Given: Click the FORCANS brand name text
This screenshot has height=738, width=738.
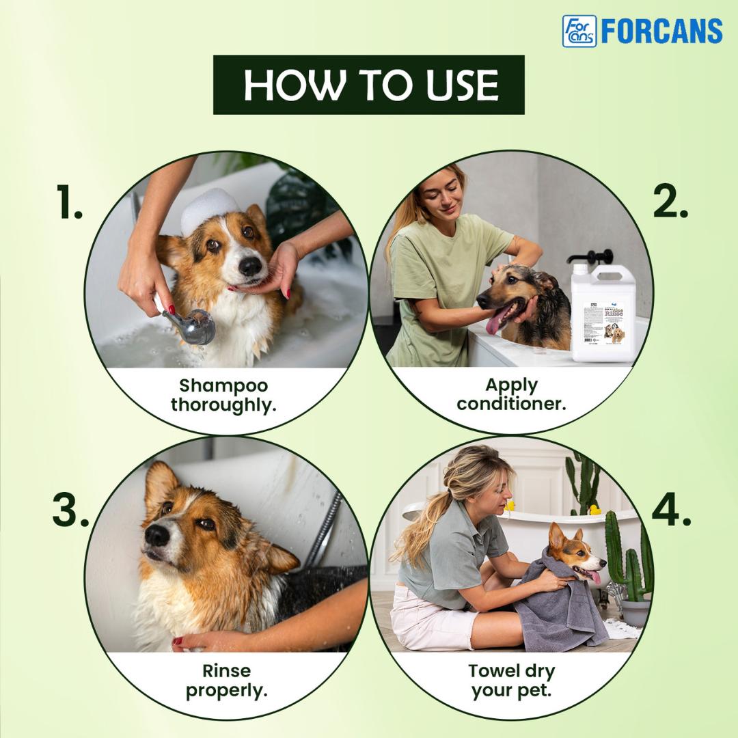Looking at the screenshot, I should pos(661,31).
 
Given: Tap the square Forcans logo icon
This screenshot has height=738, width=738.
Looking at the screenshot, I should pos(579,31).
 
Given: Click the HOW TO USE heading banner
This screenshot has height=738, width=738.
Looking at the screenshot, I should pos(369,85).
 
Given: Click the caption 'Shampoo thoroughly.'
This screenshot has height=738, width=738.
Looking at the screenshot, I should pos(223,395).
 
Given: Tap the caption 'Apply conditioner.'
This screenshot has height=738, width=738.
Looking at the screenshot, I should pos(511,394).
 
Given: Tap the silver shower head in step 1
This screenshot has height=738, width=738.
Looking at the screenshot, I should pos(193,325).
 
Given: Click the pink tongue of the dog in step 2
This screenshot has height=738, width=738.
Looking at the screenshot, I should pos(494,322).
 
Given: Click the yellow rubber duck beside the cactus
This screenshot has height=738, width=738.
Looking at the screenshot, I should pos(594,510).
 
